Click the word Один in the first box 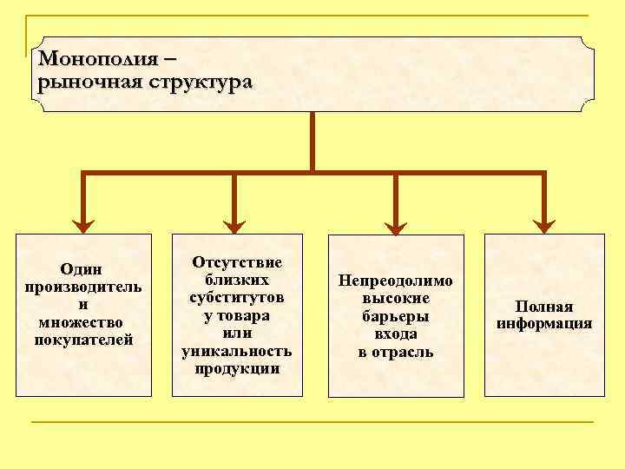tap(83, 270)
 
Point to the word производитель tap(83, 287)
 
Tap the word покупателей tap(83, 339)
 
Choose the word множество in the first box tap(83, 321)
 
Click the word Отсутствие tap(237, 261)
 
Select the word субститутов tap(237, 297)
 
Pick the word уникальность tap(237, 350)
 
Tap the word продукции tap(237, 367)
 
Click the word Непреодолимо tap(396, 281)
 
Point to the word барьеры tap(396, 316)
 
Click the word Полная tap(544, 307)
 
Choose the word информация tap(544, 324)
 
